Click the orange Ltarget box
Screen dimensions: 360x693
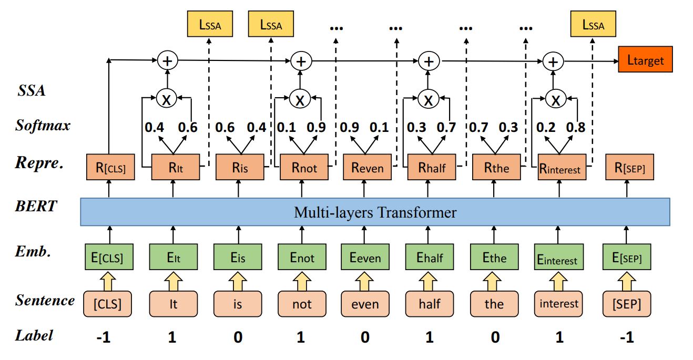pyautogui.click(x=645, y=60)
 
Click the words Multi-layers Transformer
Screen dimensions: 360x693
pyautogui.click(x=375, y=212)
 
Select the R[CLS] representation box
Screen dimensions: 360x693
pyautogui.click(x=108, y=168)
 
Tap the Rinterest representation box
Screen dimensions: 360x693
pyautogui.click(x=562, y=168)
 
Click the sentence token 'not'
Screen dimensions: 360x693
pyautogui.click(x=302, y=304)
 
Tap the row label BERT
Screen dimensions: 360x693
pyautogui.click(x=36, y=206)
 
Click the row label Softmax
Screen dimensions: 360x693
pyautogui.click(x=42, y=126)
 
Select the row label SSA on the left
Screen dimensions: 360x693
pyautogui.click(x=32, y=90)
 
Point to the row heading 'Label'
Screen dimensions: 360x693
pyautogui.click(x=34, y=335)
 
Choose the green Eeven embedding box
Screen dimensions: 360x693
pyautogui.click(x=365, y=258)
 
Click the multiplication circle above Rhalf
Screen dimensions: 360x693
pyautogui.click(x=430, y=99)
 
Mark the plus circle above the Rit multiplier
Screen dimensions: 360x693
pyautogui.click(x=167, y=61)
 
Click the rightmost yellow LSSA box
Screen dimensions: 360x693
pyautogui.click(x=593, y=25)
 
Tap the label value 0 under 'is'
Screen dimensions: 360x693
pyautogui.click(x=238, y=337)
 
